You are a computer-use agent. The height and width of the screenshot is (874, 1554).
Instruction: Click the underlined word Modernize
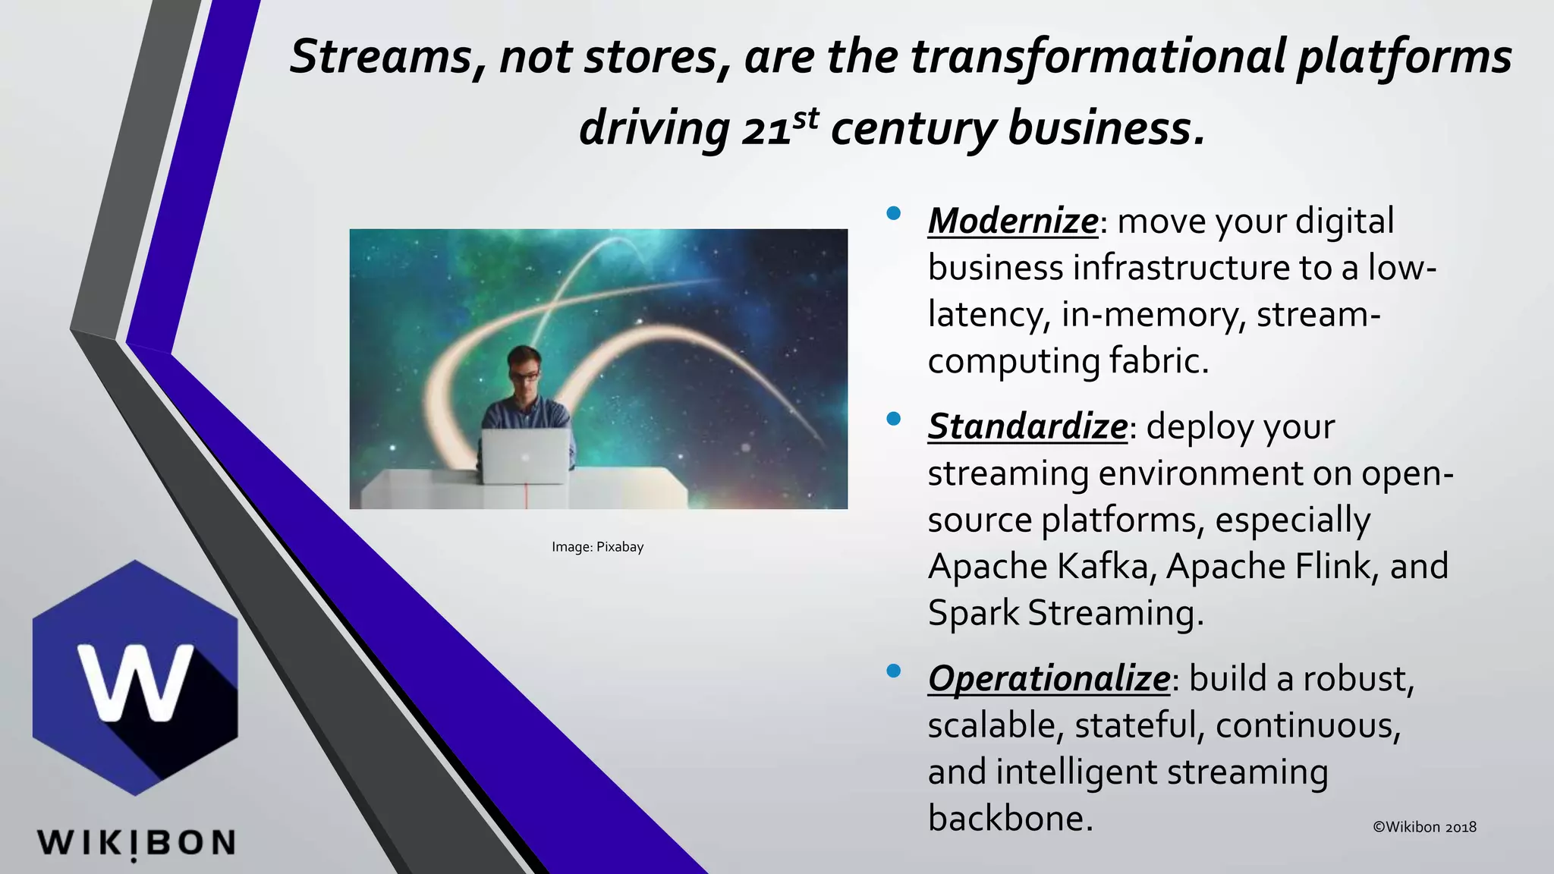pyautogui.click(x=1012, y=222)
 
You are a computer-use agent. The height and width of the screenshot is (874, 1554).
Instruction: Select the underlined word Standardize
pyautogui.click(x=1027, y=426)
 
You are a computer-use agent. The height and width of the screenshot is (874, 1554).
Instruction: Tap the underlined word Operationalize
pyautogui.click(x=1049, y=678)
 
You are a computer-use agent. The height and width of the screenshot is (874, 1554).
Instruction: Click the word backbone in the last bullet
pyautogui.click(x=1010, y=818)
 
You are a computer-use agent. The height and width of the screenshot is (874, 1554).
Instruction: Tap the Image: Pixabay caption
pyautogui.click(x=597, y=547)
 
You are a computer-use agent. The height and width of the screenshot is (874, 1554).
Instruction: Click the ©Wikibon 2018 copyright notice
pyautogui.click(x=1424, y=827)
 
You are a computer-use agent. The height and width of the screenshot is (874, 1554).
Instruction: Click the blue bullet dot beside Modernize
pyautogui.click(x=893, y=213)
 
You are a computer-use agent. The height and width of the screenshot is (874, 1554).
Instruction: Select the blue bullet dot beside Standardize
pyautogui.click(x=893, y=418)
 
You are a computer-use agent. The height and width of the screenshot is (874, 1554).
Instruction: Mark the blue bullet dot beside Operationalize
pyautogui.click(x=893, y=670)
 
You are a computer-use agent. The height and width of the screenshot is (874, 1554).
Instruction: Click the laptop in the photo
pyautogui.click(x=524, y=456)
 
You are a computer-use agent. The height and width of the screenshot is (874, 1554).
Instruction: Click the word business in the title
pyautogui.click(x=1105, y=128)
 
